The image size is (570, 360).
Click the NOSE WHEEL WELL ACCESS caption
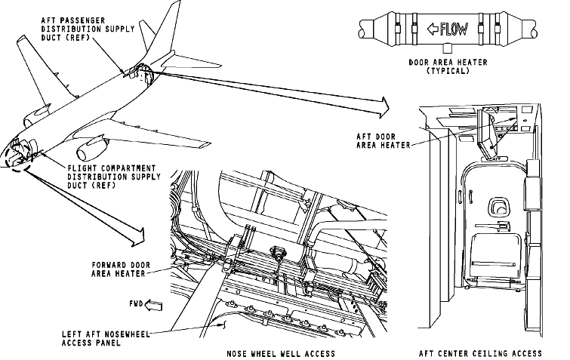point(280,353)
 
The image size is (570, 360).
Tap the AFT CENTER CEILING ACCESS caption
point(480,353)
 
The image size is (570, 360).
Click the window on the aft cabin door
point(498,206)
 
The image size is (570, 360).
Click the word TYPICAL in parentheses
point(448,71)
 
